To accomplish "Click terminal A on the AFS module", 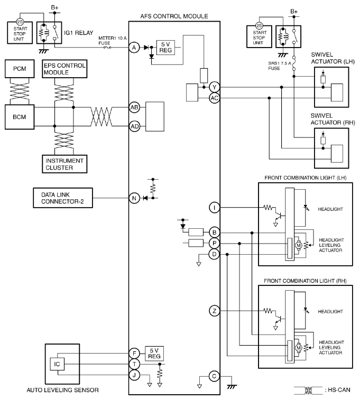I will point(134,47).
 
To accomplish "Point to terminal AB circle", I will point(134,107).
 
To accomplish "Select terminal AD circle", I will point(134,126).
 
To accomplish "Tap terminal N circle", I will point(134,199).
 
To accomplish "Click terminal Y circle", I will point(214,87).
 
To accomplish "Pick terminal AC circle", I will point(214,98).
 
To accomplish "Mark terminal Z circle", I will point(214,311).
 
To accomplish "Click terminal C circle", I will point(214,376).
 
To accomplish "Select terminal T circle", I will point(134,364).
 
